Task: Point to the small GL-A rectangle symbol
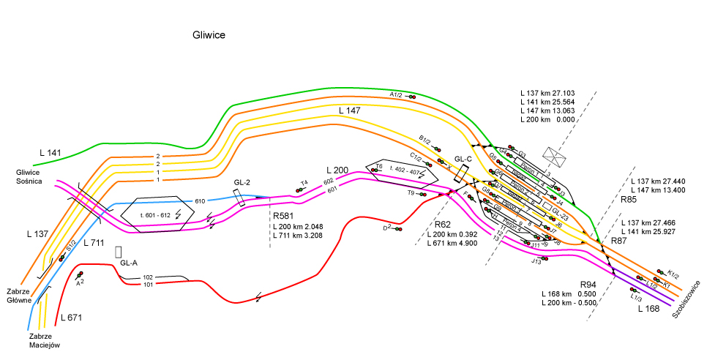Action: [x=118, y=250]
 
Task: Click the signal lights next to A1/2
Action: [x=413, y=96]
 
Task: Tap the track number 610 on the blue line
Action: [x=200, y=200]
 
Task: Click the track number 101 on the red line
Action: [x=147, y=285]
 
